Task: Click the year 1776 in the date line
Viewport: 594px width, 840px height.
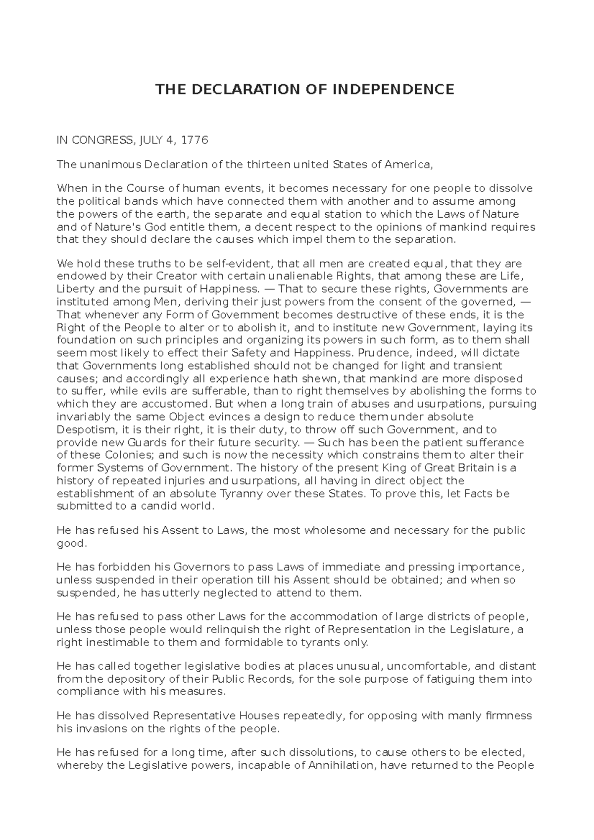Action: point(195,140)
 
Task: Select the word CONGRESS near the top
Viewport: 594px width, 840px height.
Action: point(101,140)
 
